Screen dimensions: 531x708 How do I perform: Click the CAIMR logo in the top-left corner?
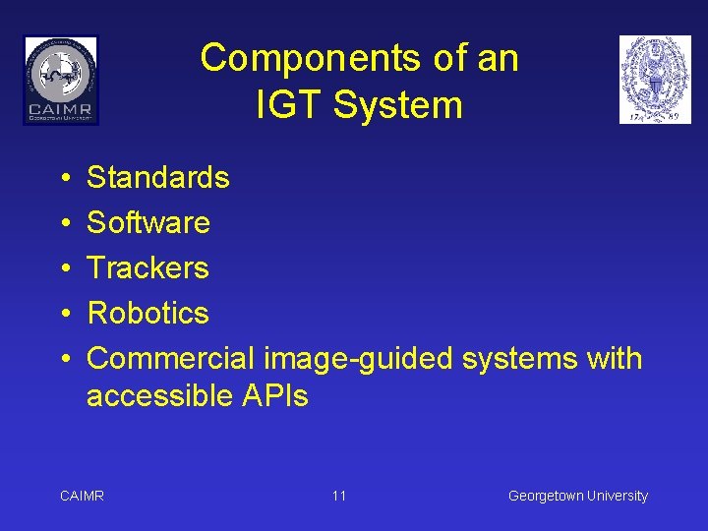click(x=61, y=80)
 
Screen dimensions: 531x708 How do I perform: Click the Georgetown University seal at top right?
click(x=655, y=80)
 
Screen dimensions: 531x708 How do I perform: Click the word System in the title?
click(x=397, y=105)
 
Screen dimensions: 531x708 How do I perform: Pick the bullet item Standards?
click(x=157, y=178)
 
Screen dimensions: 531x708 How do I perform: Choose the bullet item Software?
click(x=148, y=223)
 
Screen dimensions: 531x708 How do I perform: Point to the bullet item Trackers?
click(x=147, y=268)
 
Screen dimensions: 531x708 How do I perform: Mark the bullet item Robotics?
click(x=147, y=314)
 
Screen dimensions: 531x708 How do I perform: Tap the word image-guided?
click(x=359, y=360)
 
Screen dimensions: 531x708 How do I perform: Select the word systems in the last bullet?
click(x=519, y=359)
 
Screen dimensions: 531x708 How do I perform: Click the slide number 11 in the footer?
click(x=338, y=496)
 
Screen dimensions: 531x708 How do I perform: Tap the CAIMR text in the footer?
click(x=82, y=496)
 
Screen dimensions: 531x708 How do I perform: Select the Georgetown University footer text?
click(x=577, y=496)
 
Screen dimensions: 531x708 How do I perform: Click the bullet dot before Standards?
click(x=62, y=179)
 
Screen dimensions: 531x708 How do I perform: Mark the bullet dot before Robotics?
click(x=62, y=315)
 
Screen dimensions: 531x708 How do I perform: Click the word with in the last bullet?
click(x=615, y=359)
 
